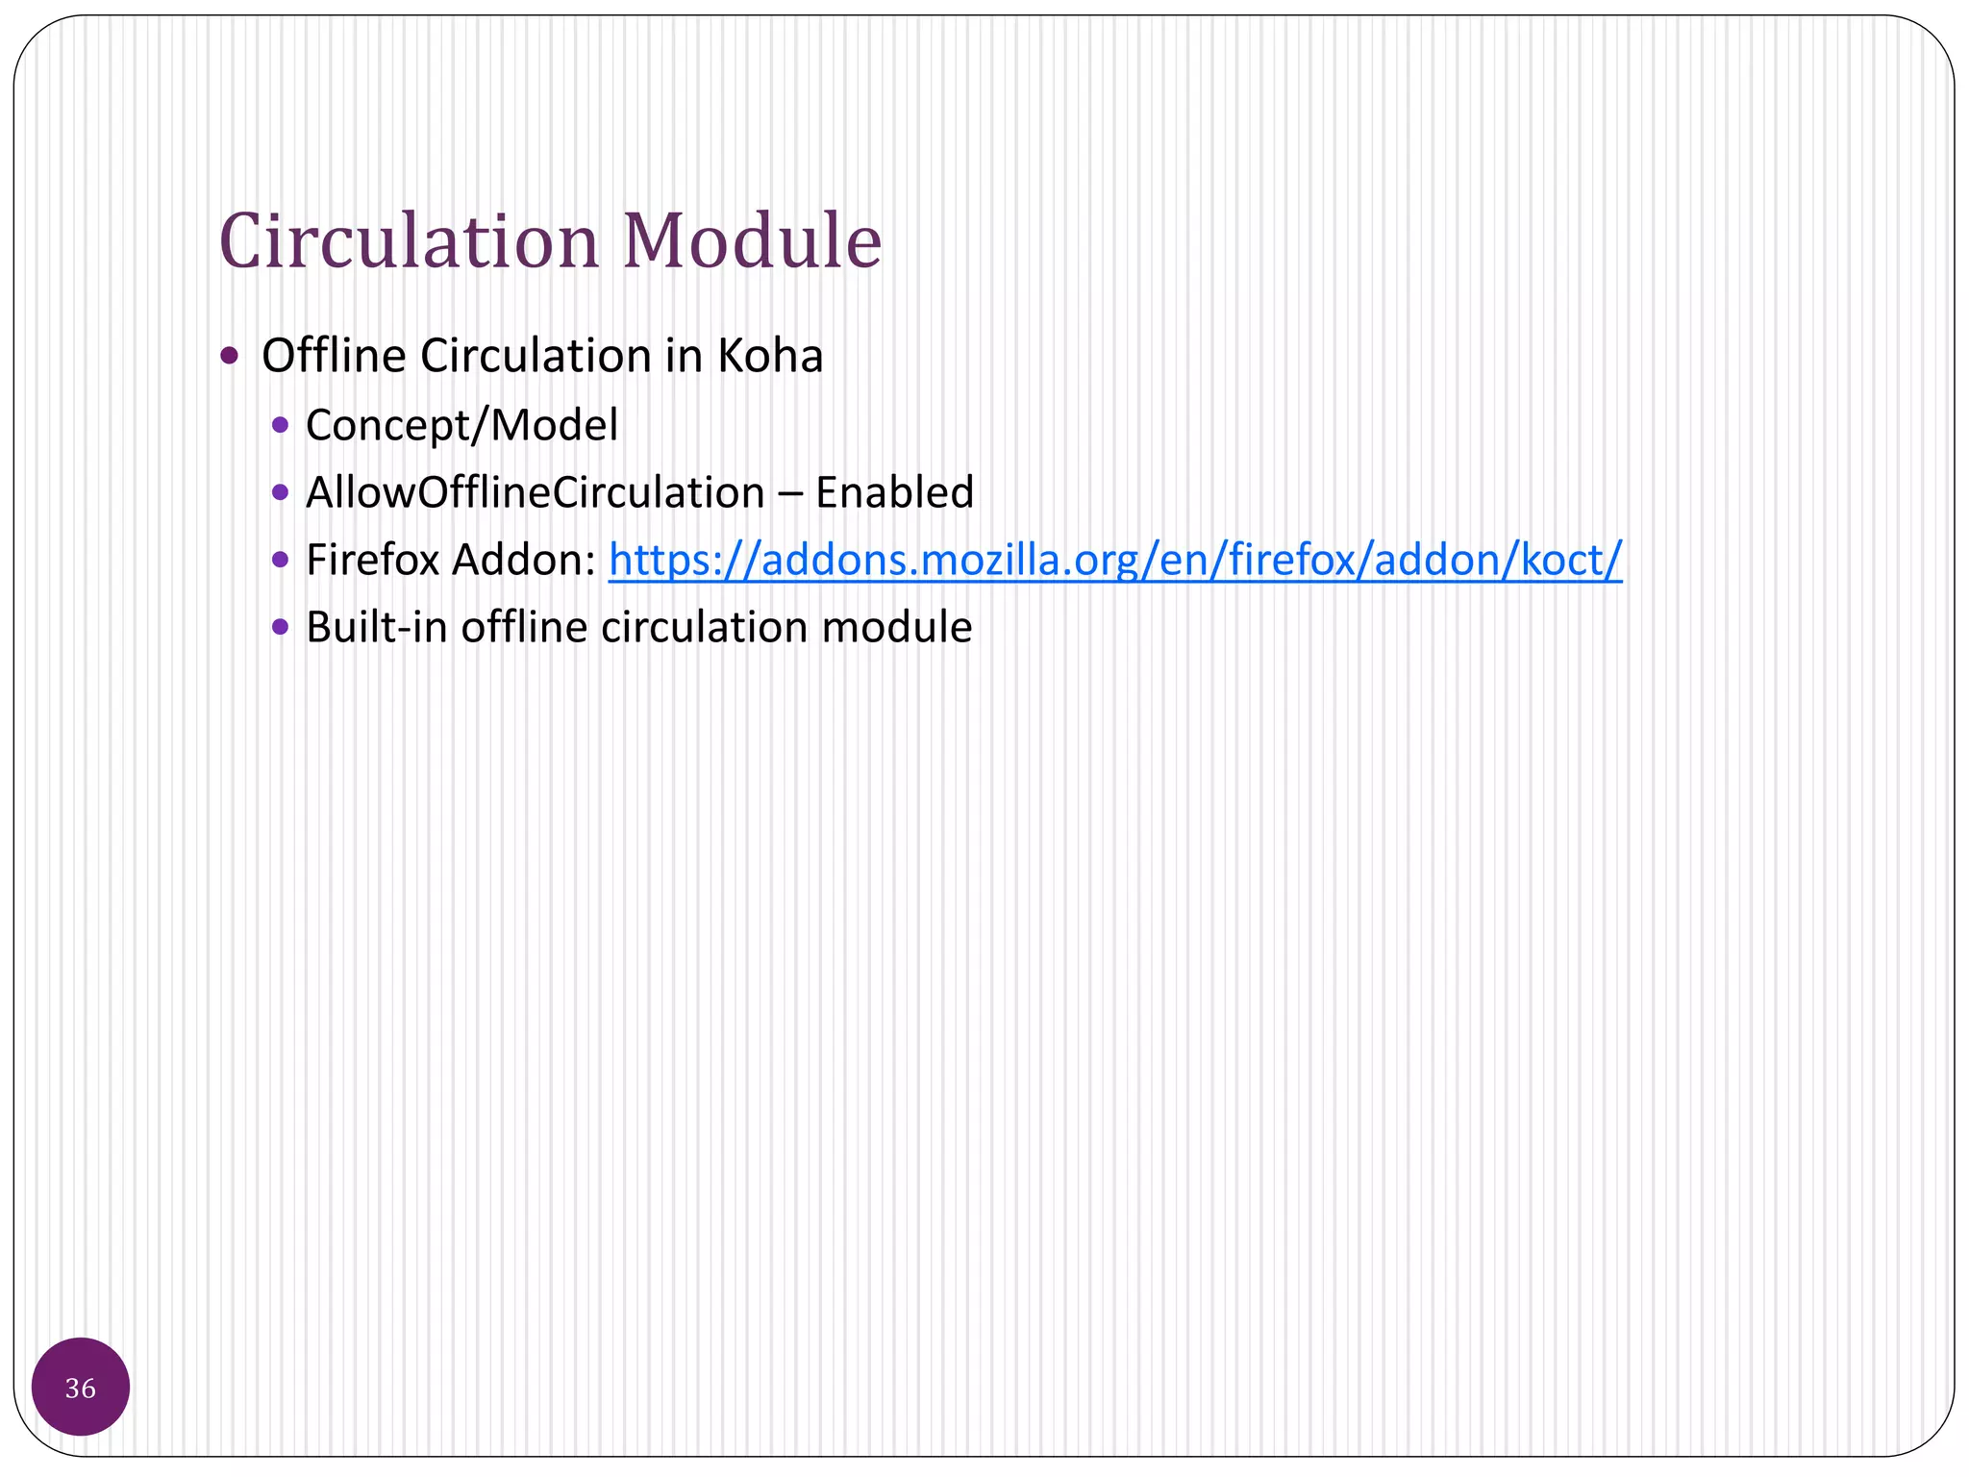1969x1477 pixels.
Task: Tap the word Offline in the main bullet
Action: pos(334,356)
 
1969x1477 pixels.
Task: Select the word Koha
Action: pos(770,356)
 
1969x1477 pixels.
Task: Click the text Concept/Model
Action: pos(461,425)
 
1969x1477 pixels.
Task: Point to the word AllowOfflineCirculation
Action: pos(535,492)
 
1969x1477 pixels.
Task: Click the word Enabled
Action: pos(894,492)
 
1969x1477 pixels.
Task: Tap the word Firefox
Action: pos(372,560)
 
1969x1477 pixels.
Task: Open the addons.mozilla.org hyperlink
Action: pos(1115,560)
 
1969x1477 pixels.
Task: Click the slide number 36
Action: pos(81,1388)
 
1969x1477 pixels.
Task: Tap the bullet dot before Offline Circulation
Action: pos(229,357)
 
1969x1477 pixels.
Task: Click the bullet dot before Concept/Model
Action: pos(280,425)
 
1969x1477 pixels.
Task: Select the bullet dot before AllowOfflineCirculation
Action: pos(280,492)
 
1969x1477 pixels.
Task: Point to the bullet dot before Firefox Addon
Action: pos(280,560)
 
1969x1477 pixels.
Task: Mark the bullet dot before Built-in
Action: pos(280,627)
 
